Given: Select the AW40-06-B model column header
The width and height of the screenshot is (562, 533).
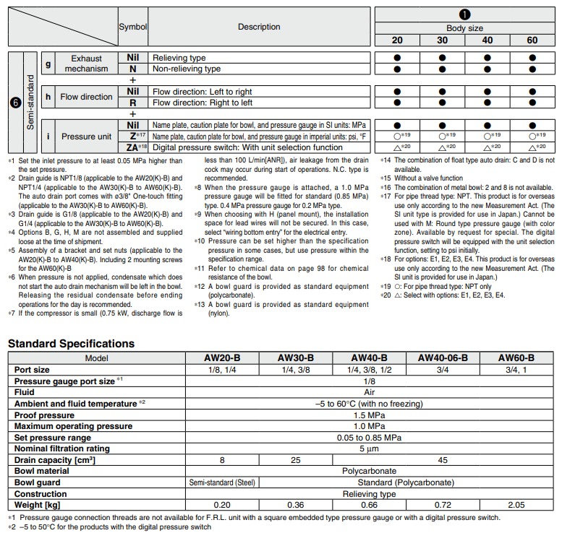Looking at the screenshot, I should pyautogui.click(x=443, y=357).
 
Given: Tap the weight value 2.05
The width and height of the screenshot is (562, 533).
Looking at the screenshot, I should pyautogui.click(x=516, y=504).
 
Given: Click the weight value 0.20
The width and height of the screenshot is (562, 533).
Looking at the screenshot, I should pyautogui.click(x=222, y=504).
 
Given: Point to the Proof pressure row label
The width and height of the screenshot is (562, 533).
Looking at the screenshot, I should pyautogui.click(x=45, y=415).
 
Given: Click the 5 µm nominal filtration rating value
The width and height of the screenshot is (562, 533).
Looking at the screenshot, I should pyautogui.click(x=369, y=448).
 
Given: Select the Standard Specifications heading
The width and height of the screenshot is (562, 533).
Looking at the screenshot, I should pyautogui.click(x=71, y=343).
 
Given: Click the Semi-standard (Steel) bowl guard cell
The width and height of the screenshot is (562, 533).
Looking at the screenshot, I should pyautogui.click(x=222, y=482).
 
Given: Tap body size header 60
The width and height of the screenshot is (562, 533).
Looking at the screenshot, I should pyautogui.click(x=532, y=40).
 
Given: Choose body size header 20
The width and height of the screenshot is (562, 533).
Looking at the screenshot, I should pyautogui.click(x=397, y=40).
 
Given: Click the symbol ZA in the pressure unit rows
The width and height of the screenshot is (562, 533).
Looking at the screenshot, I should pyautogui.click(x=132, y=147).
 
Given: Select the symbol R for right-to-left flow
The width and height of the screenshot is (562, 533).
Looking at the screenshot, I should pyautogui.click(x=132, y=103).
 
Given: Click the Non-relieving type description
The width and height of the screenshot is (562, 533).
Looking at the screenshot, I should pyautogui.click(x=187, y=69).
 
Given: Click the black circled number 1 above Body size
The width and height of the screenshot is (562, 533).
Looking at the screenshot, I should pyautogui.click(x=464, y=15).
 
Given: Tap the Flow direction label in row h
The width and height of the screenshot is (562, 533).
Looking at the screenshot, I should pyautogui.click(x=86, y=97).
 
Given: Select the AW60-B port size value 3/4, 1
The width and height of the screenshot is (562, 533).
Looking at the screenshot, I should pyautogui.click(x=516, y=369).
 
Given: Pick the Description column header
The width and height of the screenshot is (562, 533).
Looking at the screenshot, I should pyautogui.click(x=259, y=27).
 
